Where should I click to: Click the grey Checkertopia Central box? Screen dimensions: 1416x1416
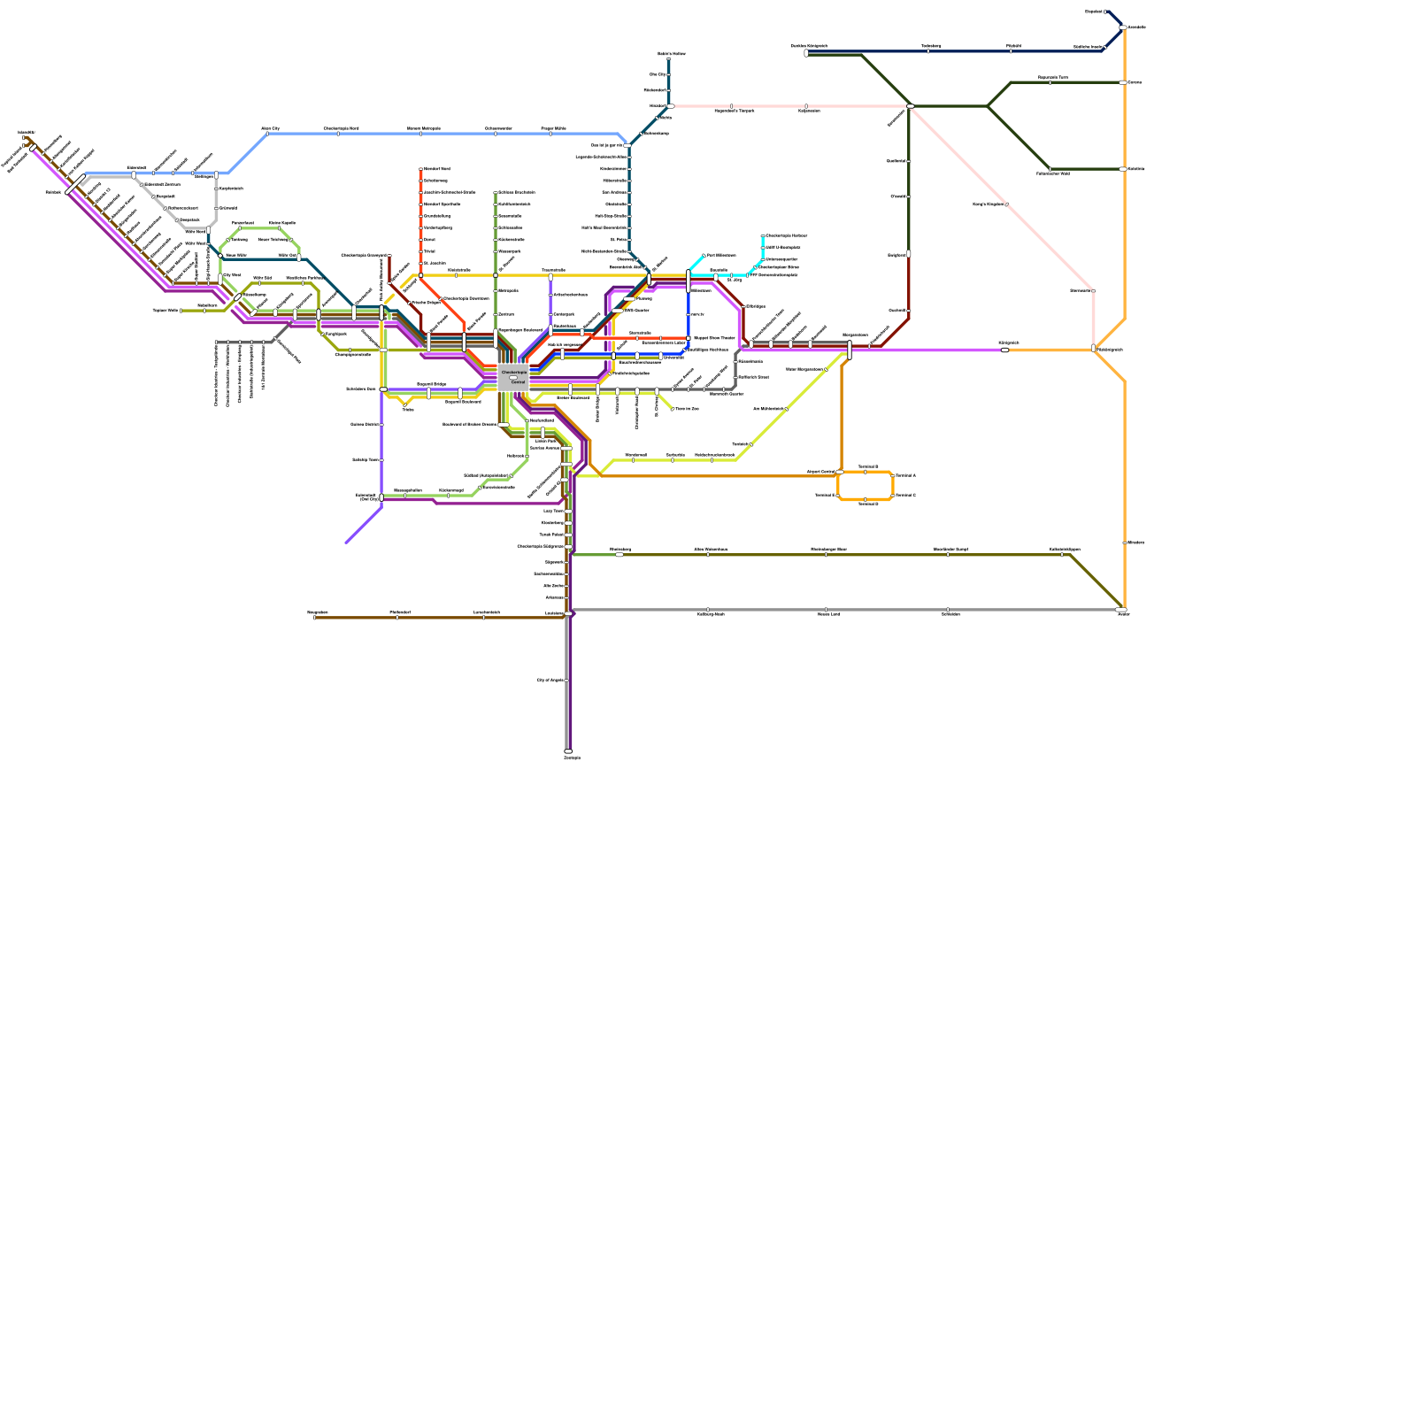[x=512, y=378]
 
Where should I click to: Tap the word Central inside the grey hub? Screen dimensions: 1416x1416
[x=518, y=382]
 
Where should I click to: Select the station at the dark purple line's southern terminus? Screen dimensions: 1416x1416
[x=568, y=751]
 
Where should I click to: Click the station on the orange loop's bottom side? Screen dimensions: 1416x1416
[x=866, y=500]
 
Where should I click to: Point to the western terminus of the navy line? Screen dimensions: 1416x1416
[x=806, y=53]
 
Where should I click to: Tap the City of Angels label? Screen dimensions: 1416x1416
[x=550, y=680]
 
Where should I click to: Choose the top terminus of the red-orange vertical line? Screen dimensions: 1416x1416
[x=420, y=168]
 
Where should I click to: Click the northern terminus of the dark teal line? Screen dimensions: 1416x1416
[x=668, y=60]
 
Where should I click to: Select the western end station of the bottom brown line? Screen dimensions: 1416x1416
[x=314, y=617]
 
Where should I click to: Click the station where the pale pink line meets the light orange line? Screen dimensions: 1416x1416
[x=1094, y=349]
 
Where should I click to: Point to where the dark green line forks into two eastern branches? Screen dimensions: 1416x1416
[x=988, y=106]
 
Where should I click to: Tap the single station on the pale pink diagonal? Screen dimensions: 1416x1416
[x=1007, y=204]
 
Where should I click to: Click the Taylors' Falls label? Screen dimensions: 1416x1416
[x=165, y=311]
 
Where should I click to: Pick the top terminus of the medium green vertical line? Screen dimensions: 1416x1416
[x=495, y=192]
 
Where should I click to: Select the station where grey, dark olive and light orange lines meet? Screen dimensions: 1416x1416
[x=1121, y=610]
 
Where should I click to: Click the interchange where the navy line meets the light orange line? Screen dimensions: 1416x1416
[x=1122, y=27]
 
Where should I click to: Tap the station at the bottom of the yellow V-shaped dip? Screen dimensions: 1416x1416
[x=404, y=404]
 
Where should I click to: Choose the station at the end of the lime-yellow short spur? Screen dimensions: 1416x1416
[x=673, y=409]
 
